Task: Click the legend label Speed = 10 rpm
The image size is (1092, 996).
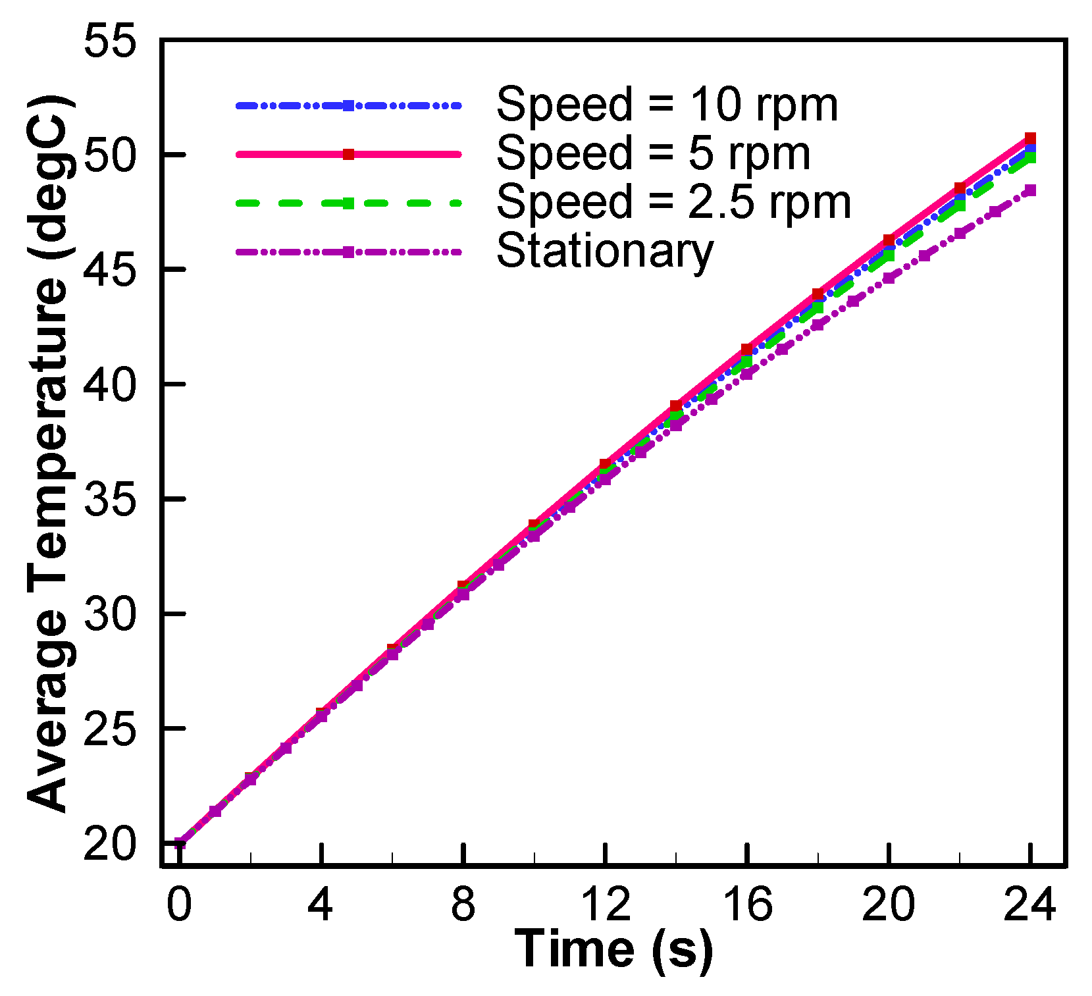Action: (x=667, y=105)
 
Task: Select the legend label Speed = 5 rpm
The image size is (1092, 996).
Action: (x=653, y=154)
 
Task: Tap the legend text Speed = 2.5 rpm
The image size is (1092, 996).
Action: (x=673, y=203)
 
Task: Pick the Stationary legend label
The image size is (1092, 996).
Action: (x=605, y=251)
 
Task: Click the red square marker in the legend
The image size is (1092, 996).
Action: (x=349, y=155)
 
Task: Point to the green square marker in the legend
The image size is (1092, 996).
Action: (x=349, y=203)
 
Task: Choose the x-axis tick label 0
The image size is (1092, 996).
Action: (x=179, y=904)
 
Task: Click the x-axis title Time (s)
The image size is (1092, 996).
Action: (x=613, y=949)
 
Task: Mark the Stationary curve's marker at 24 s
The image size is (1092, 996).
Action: (x=1031, y=190)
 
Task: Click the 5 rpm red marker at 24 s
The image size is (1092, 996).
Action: (x=1031, y=138)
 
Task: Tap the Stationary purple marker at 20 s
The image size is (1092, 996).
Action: (x=889, y=278)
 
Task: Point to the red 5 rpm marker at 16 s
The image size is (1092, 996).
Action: (x=746, y=349)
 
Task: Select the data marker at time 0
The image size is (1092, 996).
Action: (x=180, y=843)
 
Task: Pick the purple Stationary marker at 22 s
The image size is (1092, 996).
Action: (x=960, y=233)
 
